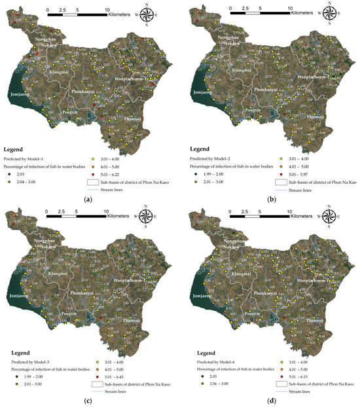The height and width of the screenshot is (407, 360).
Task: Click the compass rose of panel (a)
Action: pos(147,14)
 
